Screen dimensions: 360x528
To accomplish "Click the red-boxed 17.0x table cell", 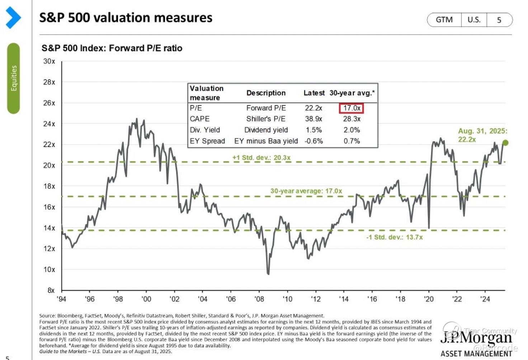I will [352, 108].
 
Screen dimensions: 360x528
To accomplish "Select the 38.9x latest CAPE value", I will [313, 119].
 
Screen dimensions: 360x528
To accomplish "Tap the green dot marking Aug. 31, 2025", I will [505, 143].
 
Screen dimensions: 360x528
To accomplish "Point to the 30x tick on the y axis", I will [49, 61].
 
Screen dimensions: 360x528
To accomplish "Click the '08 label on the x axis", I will [259, 299].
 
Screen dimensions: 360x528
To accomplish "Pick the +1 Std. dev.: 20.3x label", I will [261, 157].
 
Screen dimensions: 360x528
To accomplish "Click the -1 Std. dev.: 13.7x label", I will [394, 237].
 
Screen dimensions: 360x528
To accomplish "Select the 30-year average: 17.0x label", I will [306, 191].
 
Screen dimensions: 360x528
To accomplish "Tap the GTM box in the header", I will [444, 20].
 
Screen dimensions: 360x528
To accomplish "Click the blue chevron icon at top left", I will [13, 17].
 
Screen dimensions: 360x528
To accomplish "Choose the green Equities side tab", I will [14, 78].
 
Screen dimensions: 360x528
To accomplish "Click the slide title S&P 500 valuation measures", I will [126, 18].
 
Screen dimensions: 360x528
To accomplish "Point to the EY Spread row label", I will [207, 141].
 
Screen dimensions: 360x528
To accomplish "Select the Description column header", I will [266, 93].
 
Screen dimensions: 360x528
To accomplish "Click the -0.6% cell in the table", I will [313, 141].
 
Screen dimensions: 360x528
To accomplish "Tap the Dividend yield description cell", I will [266, 130].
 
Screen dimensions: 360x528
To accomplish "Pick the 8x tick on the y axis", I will [51, 290].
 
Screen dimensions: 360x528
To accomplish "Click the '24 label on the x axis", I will [485, 299].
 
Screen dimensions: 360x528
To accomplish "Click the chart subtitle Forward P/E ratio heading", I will [112, 48].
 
